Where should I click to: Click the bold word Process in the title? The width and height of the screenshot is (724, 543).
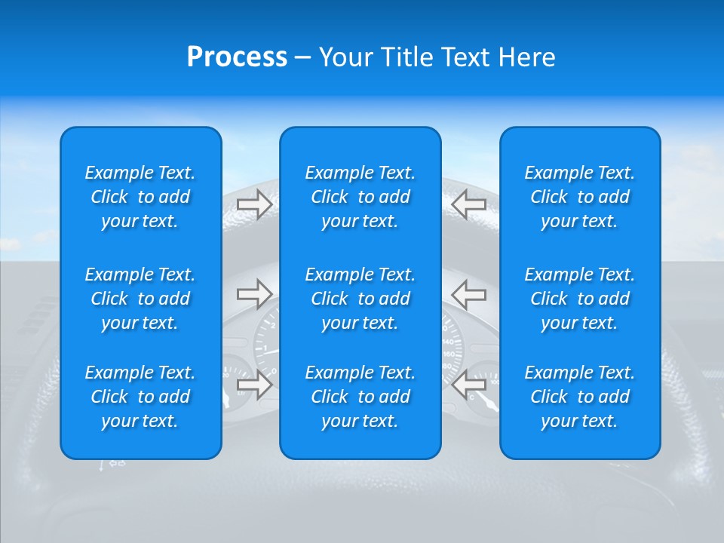click(237, 57)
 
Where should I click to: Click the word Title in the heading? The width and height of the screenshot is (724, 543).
click(406, 57)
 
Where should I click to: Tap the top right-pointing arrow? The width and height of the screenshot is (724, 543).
click(254, 204)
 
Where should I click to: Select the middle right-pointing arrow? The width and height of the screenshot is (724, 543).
click(254, 294)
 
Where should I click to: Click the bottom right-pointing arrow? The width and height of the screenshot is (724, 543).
click(254, 385)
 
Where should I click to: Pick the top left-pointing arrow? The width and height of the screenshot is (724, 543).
click(469, 204)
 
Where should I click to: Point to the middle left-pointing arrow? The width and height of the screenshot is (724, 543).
click(469, 294)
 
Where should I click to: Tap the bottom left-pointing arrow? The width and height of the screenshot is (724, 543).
click(469, 385)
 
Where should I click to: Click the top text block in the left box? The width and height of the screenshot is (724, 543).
click(140, 197)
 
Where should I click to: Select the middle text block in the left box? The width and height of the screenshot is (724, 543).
click(140, 299)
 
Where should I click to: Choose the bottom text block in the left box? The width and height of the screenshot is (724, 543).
click(140, 397)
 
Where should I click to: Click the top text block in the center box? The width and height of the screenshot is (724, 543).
click(360, 197)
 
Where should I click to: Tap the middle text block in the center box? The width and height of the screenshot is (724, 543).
click(360, 299)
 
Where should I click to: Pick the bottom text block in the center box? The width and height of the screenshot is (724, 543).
click(360, 397)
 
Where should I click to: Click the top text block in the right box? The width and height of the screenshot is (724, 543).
click(580, 197)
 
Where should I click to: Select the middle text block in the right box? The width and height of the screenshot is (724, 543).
click(580, 299)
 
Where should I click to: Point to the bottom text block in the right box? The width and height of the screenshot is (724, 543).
click(580, 397)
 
